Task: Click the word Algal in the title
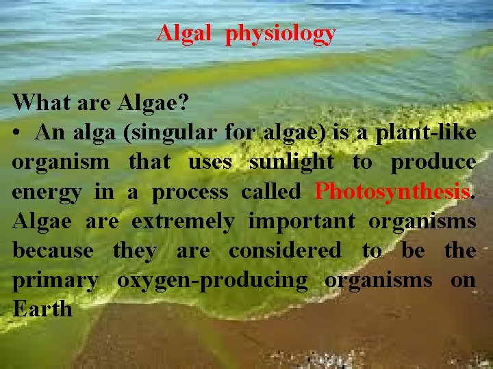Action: click(184, 33)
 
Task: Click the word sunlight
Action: click(292, 162)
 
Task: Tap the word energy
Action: click(46, 193)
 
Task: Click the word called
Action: click(270, 192)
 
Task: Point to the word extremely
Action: click(182, 222)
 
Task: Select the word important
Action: click(301, 222)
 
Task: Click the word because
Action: click(53, 251)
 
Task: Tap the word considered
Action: click(284, 251)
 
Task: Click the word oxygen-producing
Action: click(212, 281)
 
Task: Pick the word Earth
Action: click(42, 309)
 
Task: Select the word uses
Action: click(210, 163)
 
